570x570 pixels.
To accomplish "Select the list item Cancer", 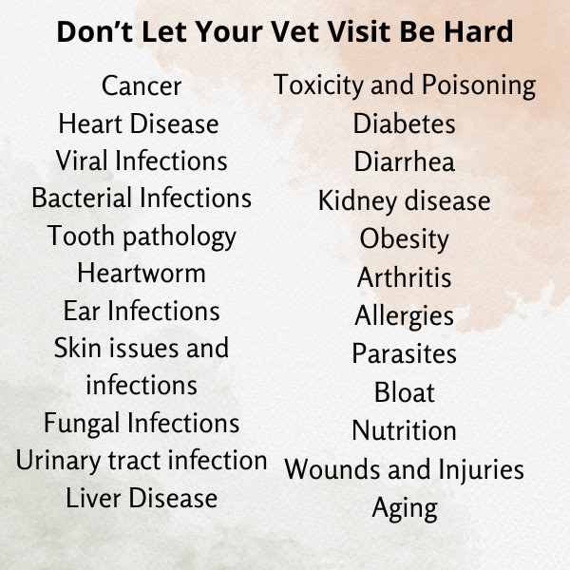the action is tap(142, 86).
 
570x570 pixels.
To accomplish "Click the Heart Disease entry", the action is tap(139, 123).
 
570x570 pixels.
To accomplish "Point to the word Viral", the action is tap(82, 161).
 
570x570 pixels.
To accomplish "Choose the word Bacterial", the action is tap(82, 199).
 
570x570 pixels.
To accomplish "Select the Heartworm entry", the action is tap(142, 273).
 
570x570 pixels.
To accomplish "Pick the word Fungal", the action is tap(82, 425).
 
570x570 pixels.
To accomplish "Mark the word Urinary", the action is tap(58, 462).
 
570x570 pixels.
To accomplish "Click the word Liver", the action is tap(93, 498).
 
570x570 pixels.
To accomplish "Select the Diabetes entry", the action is tap(405, 123).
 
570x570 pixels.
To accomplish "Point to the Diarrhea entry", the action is tap(405, 161).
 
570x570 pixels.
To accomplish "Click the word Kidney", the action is tap(358, 201).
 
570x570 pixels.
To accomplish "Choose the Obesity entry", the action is tap(405, 240).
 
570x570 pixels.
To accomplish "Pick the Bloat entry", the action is tap(405, 392).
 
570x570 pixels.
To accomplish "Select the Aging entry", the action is tap(405, 509).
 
